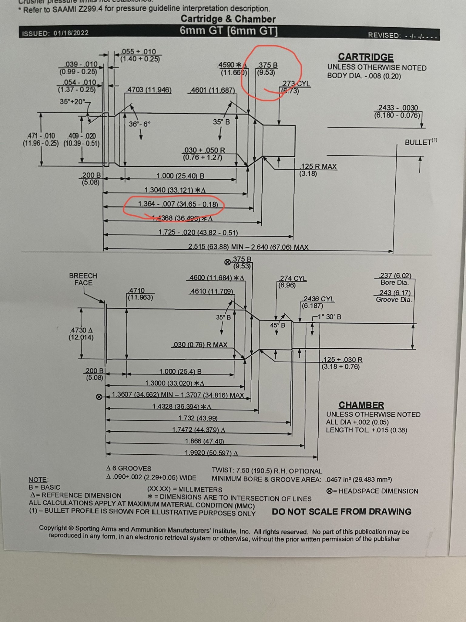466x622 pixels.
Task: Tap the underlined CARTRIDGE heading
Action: pyautogui.click(x=366, y=57)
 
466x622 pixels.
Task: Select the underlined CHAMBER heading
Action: pyautogui.click(x=361, y=405)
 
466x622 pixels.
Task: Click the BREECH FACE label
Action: pyautogui.click(x=83, y=279)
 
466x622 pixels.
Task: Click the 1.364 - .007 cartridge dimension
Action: pyautogui.click(x=178, y=204)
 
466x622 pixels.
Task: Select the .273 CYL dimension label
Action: pyautogui.click(x=296, y=84)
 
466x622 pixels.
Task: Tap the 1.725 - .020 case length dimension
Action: pyautogui.click(x=198, y=233)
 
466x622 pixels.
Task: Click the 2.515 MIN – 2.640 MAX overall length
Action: pyautogui.click(x=248, y=247)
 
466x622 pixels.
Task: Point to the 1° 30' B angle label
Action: pyautogui.click(x=329, y=317)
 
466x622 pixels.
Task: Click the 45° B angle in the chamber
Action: pyautogui.click(x=277, y=325)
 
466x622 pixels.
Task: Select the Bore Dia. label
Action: pyautogui.click(x=394, y=283)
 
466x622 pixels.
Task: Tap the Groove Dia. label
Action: pyautogui.click(x=394, y=300)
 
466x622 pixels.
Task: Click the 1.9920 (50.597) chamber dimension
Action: pyautogui.click(x=211, y=453)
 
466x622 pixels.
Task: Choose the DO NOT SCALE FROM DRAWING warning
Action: pyautogui.click(x=341, y=512)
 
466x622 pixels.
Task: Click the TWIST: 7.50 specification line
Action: pyautogui.click(x=267, y=471)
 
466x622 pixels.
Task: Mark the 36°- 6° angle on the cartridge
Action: pyautogui.click(x=139, y=124)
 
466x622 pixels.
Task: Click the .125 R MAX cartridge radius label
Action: pyautogui.click(x=318, y=166)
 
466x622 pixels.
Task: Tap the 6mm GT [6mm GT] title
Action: pyautogui.click(x=228, y=31)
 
